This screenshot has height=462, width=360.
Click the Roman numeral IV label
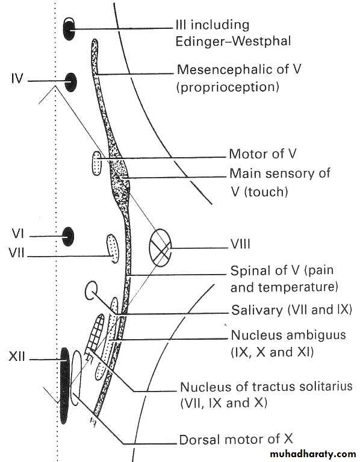pyautogui.click(x=17, y=80)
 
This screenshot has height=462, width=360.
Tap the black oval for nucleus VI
pyautogui.click(x=68, y=236)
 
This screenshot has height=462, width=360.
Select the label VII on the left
pyautogui.click(x=17, y=253)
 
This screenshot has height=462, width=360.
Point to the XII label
pyautogui.click(x=17, y=357)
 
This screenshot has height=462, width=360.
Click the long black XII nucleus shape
pyautogui.click(x=65, y=386)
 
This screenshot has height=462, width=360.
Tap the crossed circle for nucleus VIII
pyautogui.click(x=160, y=248)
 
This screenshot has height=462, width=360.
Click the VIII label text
pyautogui.click(x=240, y=245)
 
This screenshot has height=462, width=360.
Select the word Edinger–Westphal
pyautogui.click(x=233, y=41)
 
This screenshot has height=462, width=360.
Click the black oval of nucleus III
pyautogui.click(x=69, y=28)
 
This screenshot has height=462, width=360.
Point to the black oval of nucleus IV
pyautogui.click(x=70, y=82)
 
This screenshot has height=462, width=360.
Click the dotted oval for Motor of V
pyautogui.click(x=97, y=163)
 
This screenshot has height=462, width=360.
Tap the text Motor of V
pyautogui.click(x=262, y=154)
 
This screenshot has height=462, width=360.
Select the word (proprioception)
pyautogui.click(x=228, y=87)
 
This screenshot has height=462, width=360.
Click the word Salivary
pyautogui.click(x=256, y=311)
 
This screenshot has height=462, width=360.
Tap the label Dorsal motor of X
pyautogui.click(x=236, y=439)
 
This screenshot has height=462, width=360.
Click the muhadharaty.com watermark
pyautogui.click(x=312, y=454)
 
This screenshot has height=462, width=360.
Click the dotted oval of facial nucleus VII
pyautogui.click(x=113, y=248)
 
